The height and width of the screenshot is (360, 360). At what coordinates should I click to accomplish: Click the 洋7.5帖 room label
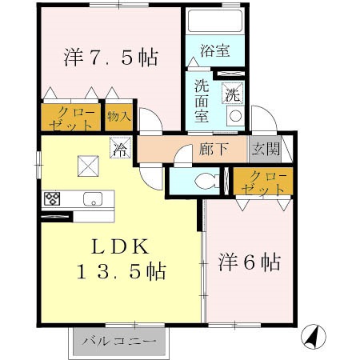[109, 58]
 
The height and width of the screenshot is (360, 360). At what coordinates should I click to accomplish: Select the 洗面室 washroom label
[202, 98]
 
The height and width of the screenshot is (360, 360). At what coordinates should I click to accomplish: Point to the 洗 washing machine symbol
[232, 93]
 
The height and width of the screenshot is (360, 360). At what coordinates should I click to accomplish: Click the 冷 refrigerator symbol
[120, 149]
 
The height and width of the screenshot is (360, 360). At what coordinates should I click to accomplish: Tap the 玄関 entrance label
[266, 149]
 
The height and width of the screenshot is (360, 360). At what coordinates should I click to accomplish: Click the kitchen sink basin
[91, 200]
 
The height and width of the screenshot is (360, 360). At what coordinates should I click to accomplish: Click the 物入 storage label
[118, 118]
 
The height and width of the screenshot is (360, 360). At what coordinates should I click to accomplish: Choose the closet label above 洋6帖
[265, 183]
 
